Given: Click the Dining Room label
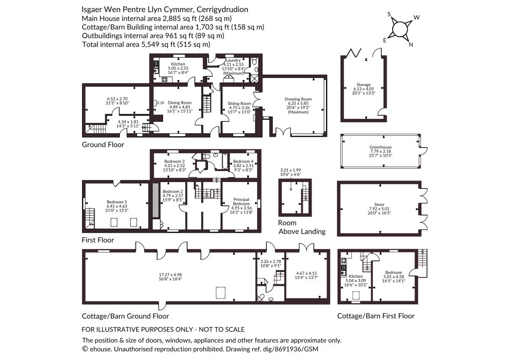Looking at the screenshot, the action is point(179,102).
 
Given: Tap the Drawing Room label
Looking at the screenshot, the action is point(298,99).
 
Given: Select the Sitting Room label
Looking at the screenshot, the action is point(239,103).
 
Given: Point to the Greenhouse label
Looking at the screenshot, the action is point(380,147).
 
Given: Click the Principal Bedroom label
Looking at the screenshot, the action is point(241,201).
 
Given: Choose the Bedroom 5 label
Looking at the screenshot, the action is point(117,202).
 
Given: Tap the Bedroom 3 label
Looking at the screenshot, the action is point(174,161).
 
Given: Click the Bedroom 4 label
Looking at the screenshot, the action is point(244,161).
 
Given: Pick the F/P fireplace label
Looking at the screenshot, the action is point(161,103).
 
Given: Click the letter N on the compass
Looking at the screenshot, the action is point(411,45).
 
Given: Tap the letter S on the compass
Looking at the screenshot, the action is point(390,14).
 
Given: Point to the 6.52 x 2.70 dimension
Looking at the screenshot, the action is point(117,98).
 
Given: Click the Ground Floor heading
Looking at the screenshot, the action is point(103,145).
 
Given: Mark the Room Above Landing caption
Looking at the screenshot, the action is point(302,227).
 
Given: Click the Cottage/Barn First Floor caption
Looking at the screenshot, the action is point(376,316).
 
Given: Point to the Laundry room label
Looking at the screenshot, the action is point(233,60).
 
